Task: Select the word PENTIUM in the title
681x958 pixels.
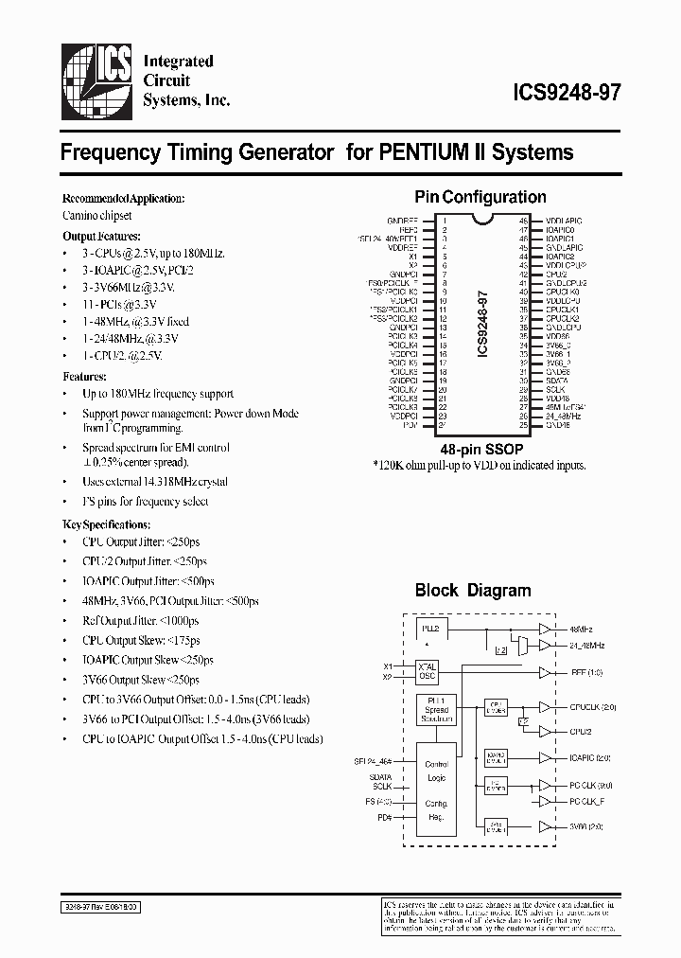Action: [421, 151]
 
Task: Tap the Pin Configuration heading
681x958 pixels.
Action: [480, 198]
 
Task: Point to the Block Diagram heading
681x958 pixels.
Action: [473, 591]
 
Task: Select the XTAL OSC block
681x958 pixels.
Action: [428, 671]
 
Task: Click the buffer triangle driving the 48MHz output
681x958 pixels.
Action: [544, 629]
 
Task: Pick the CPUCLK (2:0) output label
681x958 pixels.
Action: [593, 707]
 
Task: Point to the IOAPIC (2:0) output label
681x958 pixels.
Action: [591, 757]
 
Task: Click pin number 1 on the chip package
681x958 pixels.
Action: [444, 220]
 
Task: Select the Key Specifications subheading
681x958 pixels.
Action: [106, 523]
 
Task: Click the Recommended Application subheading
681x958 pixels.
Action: [123, 199]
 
